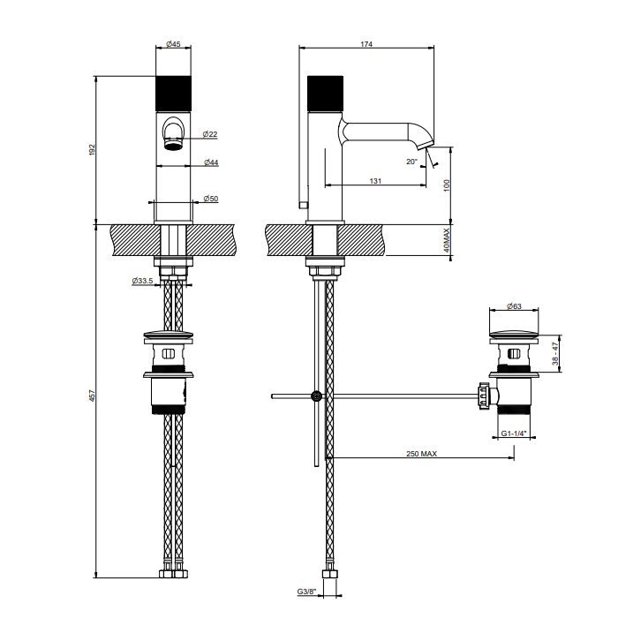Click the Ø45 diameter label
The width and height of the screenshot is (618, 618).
coord(174,45)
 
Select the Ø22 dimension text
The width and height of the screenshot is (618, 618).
coord(210,134)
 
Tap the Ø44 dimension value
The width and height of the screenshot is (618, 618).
coord(211,162)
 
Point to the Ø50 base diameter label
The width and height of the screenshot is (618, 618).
coord(211,199)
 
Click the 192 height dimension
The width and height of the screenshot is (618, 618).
coord(93,150)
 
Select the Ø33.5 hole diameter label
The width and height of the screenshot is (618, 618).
coord(143,282)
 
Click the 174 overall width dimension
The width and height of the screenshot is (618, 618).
coord(366,45)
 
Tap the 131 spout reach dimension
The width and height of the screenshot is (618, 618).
coord(375,181)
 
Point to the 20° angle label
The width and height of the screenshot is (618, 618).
coord(411,162)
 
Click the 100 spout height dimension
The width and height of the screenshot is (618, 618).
coord(448,185)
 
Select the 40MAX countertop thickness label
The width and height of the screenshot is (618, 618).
coord(448,240)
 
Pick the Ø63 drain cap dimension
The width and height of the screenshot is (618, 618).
coord(514,306)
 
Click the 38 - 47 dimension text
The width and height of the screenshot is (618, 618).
coord(555,355)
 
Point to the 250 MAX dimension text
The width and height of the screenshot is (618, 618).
coord(422,454)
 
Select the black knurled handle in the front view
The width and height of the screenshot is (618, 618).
coord(174,94)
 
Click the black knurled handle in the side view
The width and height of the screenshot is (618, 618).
coord(323,94)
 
